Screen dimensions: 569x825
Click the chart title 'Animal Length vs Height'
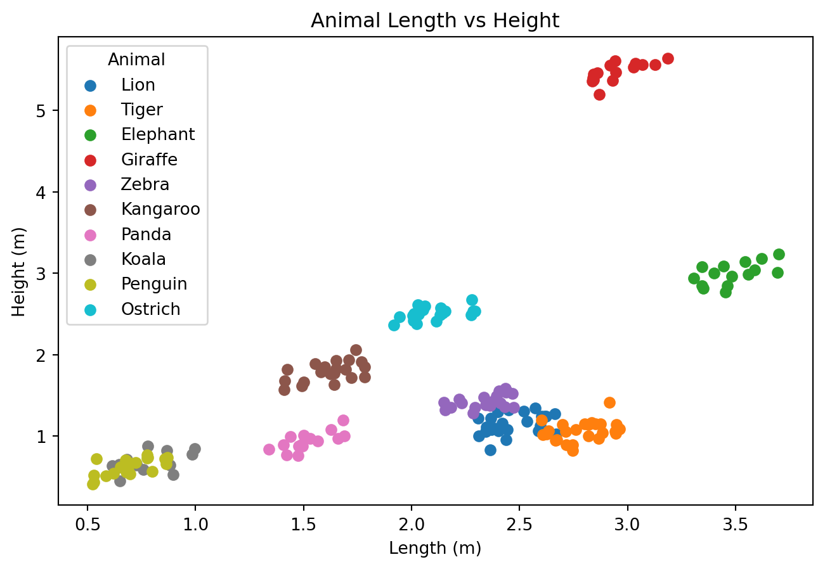pos(434,21)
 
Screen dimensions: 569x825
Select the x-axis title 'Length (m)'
pos(435,549)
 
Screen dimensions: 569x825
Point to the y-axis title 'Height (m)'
pos(19,271)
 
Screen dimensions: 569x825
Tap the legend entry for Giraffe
pos(150,160)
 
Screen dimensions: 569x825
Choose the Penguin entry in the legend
pos(154,284)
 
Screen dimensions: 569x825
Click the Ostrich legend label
pos(151,309)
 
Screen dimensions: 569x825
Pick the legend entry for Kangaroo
pos(160,210)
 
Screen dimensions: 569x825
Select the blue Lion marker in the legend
pos(90,85)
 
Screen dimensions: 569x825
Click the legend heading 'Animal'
pos(136,60)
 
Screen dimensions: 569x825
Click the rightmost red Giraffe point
pos(668,58)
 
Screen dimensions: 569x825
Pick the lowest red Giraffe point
pos(599,94)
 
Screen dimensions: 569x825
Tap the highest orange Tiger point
pos(609,402)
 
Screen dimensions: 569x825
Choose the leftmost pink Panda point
pos(269,449)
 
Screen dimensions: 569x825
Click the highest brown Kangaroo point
pos(356,350)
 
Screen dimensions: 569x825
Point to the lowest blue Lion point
pos(490,450)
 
